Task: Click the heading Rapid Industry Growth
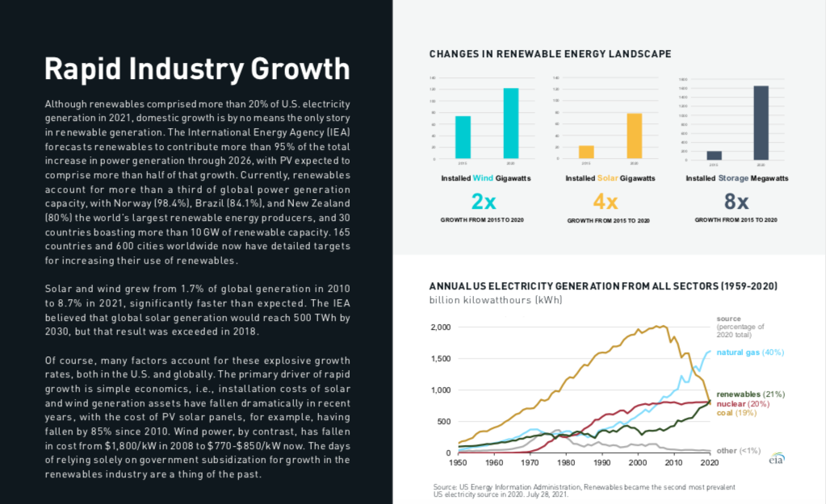(197, 69)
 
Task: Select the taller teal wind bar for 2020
(510, 123)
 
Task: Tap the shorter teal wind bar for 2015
(463, 137)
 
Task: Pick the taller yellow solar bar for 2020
(634, 135)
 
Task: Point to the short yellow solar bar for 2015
(586, 152)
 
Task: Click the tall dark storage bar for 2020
(761, 122)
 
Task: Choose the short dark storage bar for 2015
(714, 155)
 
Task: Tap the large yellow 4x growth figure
(606, 201)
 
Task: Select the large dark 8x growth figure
(732, 201)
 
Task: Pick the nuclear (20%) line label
(741, 403)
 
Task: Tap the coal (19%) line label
(736, 413)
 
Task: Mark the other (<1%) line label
(738, 450)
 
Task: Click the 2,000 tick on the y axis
(441, 327)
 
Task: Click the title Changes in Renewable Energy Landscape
(550, 54)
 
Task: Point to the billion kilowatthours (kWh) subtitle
(495, 300)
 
